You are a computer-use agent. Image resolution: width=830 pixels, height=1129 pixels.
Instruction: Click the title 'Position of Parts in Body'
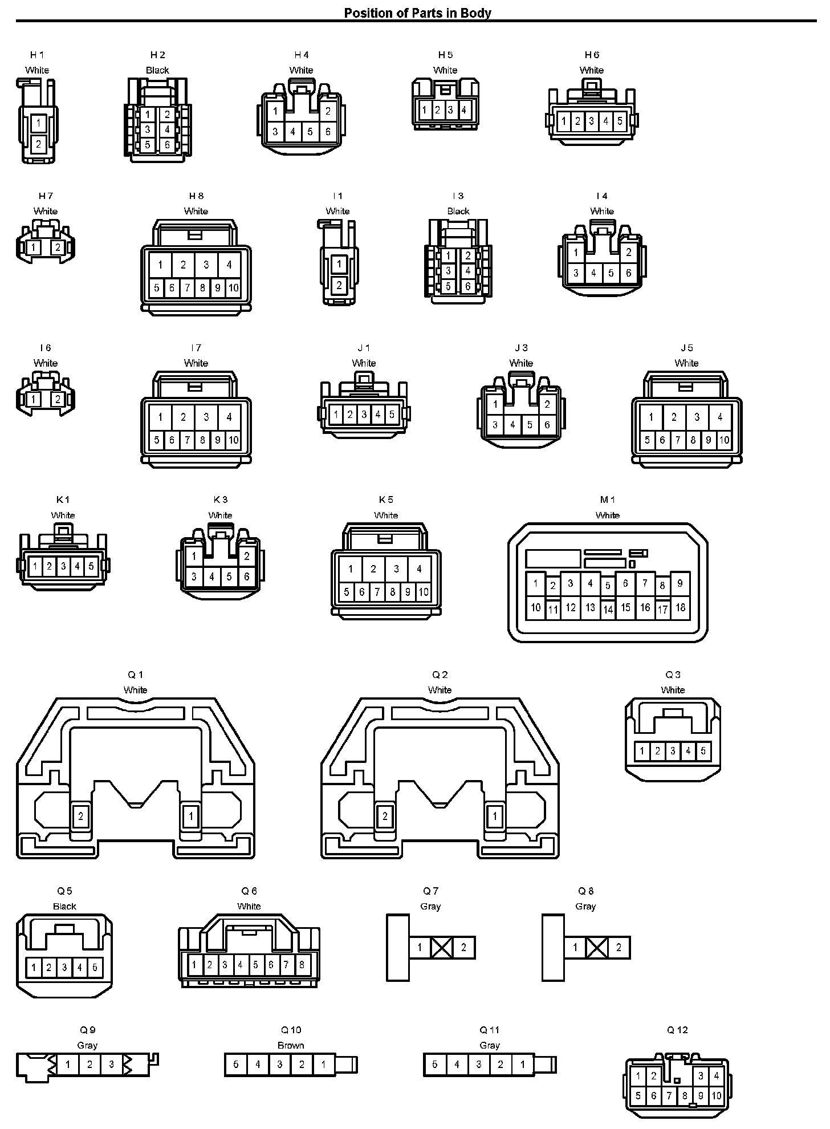pyautogui.click(x=417, y=13)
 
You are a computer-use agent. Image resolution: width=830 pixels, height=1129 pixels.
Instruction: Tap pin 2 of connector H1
pyautogui.click(x=38, y=144)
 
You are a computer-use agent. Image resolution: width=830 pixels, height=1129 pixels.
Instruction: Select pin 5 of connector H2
pyautogui.click(x=148, y=145)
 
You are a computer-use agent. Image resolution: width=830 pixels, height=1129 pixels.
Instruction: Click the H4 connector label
pyautogui.click(x=302, y=55)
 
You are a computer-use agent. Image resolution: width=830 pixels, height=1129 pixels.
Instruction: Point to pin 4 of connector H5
pyautogui.click(x=464, y=110)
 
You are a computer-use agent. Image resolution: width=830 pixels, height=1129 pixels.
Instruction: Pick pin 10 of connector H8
pyautogui.click(x=233, y=288)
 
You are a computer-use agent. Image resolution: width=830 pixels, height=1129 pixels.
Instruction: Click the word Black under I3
pyautogui.click(x=458, y=211)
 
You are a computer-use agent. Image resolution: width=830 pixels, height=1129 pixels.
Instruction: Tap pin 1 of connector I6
pyautogui.click(x=34, y=399)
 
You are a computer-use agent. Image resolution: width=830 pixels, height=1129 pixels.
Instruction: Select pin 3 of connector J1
pyautogui.click(x=364, y=415)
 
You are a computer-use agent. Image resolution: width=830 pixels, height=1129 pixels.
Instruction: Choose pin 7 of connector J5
pyautogui.click(x=678, y=440)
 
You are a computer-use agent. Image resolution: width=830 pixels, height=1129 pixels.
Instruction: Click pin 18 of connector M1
pyautogui.click(x=680, y=607)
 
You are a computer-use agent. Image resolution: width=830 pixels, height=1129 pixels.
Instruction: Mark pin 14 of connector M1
pyautogui.click(x=608, y=610)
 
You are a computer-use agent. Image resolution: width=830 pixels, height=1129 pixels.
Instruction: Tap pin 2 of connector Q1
pyautogui.click(x=80, y=816)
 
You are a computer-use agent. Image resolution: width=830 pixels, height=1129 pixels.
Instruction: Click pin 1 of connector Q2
pyautogui.click(x=495, y=816)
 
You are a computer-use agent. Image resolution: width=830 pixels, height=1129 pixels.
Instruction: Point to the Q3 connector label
pyautogui.click(x=673, y=675)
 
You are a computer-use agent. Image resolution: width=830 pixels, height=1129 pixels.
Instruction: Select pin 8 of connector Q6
pyautogui.click(x=302, y=965)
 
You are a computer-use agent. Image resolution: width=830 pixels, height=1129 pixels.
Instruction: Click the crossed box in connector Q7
pyautogui.click(x=442, y=948)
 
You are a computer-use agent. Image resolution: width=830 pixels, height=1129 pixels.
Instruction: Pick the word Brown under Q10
pyautogui.click(x=291, y=1045)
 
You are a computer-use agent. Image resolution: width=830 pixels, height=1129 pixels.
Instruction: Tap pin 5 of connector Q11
pyautogui.click(x=435, y=1065)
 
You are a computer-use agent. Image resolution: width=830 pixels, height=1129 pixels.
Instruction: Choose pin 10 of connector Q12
pyautogui.click(x=717, y=1095)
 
